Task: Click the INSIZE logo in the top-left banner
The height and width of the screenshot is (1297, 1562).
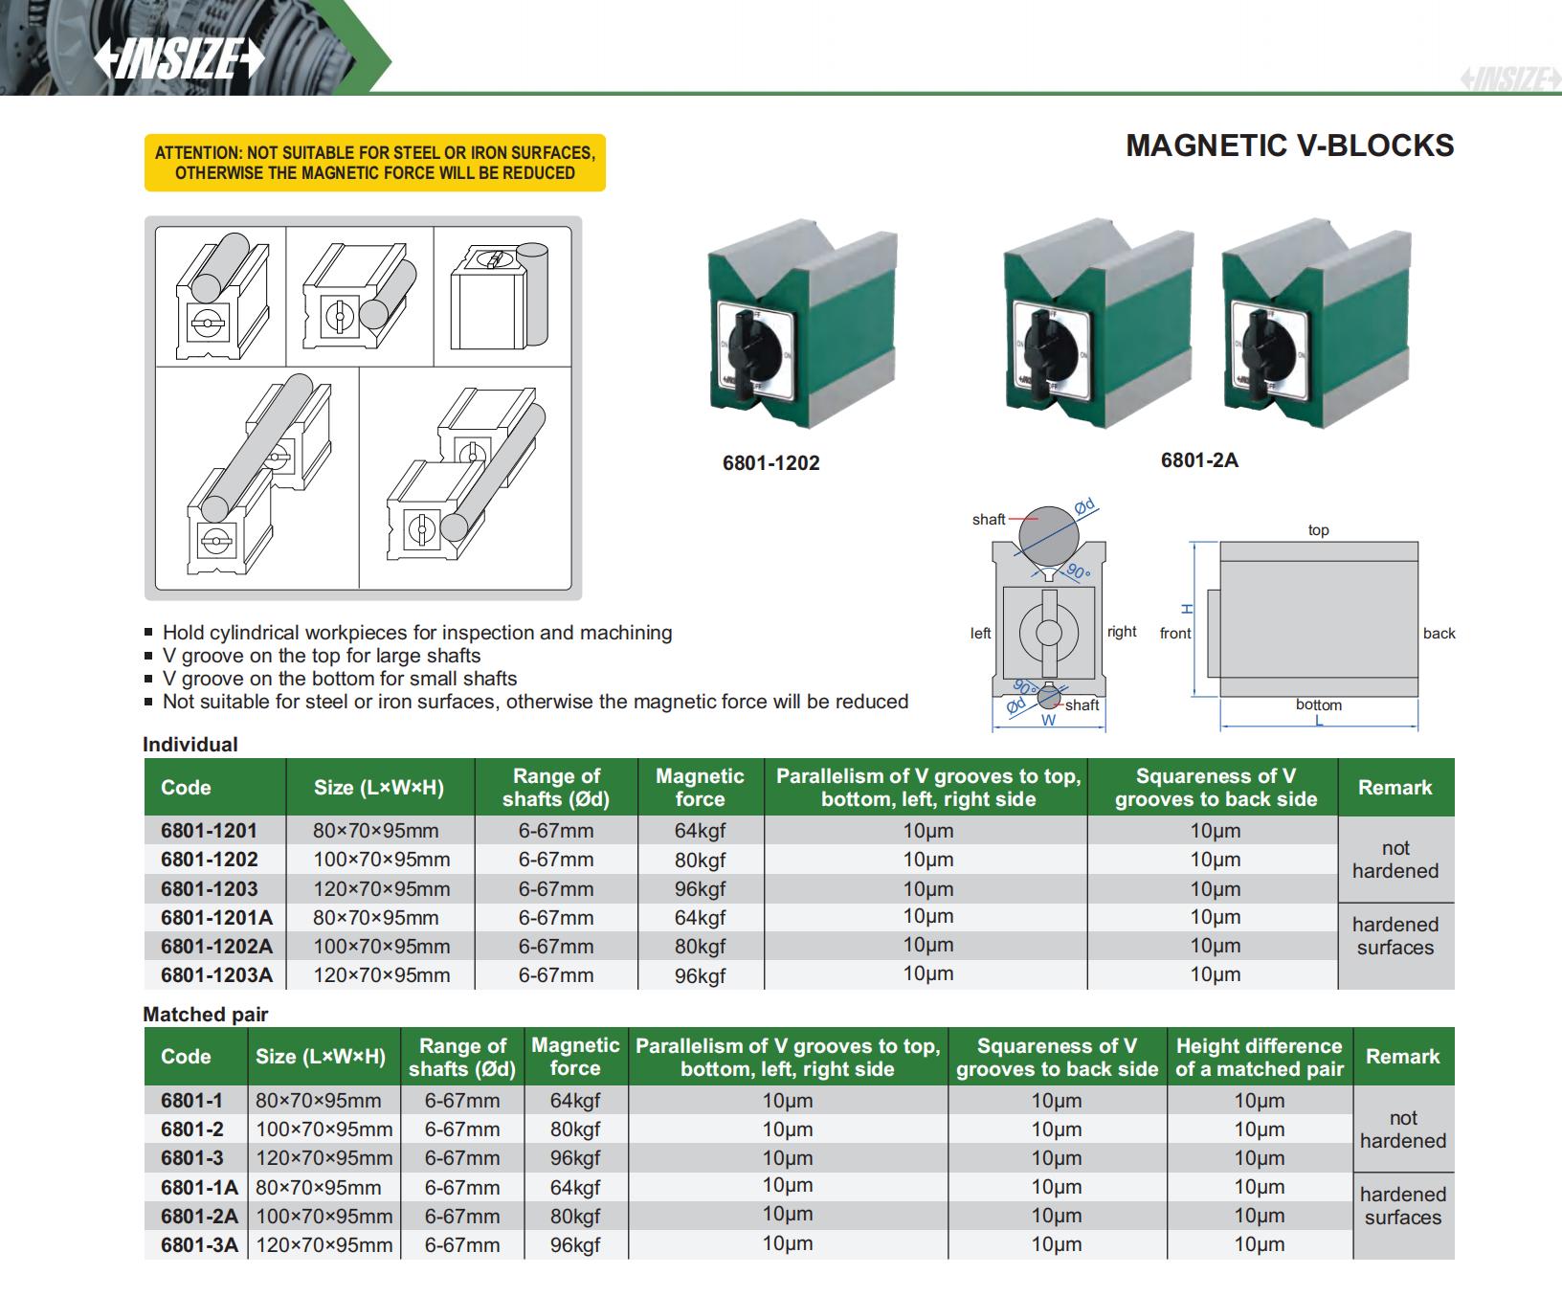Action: click(x=179, y=59)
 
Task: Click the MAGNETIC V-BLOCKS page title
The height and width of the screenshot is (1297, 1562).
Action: click(x=1289, y=145)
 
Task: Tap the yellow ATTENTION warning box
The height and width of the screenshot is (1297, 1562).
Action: click(x=374, y=163)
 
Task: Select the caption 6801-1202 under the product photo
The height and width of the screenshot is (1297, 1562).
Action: click(x=770, y=463)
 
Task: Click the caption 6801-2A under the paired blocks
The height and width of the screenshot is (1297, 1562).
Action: click(x=1199, y=460)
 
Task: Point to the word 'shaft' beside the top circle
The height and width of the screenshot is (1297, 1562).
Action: click(x=989, y=520)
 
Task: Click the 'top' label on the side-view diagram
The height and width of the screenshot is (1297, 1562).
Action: click(x=1318, y=530)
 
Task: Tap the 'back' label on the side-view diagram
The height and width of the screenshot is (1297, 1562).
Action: click(x=1439, y=634)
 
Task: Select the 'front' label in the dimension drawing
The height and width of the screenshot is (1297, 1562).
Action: click(x=1175, y=634)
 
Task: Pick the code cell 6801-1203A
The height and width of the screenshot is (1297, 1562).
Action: click(x=216, y=975)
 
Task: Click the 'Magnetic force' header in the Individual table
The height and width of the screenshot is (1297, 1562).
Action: click(x=700, y=788)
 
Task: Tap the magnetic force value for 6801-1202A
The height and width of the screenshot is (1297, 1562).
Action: click(x=700, y=947)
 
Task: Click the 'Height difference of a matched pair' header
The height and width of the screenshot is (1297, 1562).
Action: click(x=1259, y=1058)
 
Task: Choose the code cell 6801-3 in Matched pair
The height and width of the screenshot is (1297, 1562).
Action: click(x=191, y=1158)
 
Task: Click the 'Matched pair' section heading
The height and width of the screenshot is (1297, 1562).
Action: click(x=206, y=1015)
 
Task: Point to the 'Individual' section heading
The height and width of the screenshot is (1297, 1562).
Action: click(x=190, y=745)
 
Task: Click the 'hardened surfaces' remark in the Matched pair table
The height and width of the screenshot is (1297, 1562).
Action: click(x=1402, y=1206)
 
